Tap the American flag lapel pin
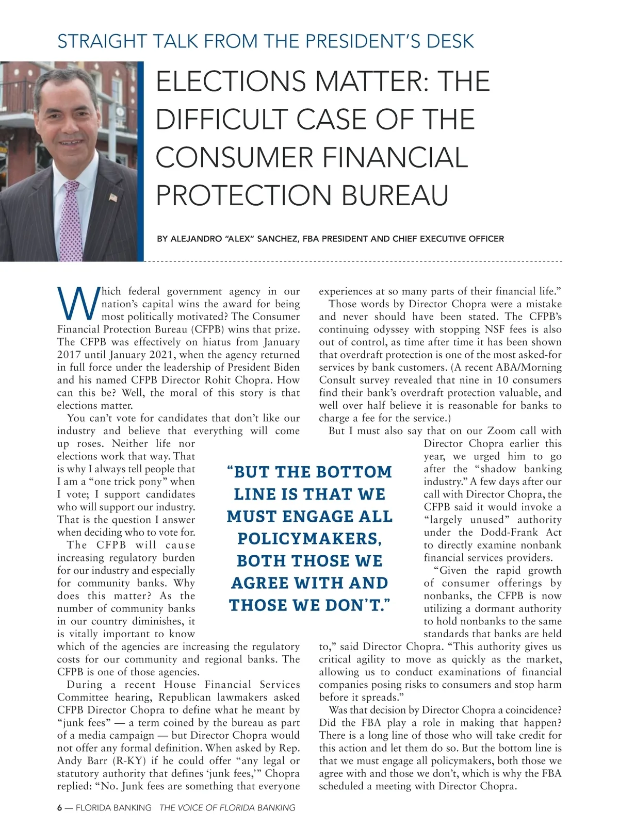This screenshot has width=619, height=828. coord(113,197)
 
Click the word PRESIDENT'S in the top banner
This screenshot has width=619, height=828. coord(363,41)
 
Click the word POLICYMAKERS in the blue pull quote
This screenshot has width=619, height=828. coord(309,539)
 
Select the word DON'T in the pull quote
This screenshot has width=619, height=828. coord(362,605)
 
